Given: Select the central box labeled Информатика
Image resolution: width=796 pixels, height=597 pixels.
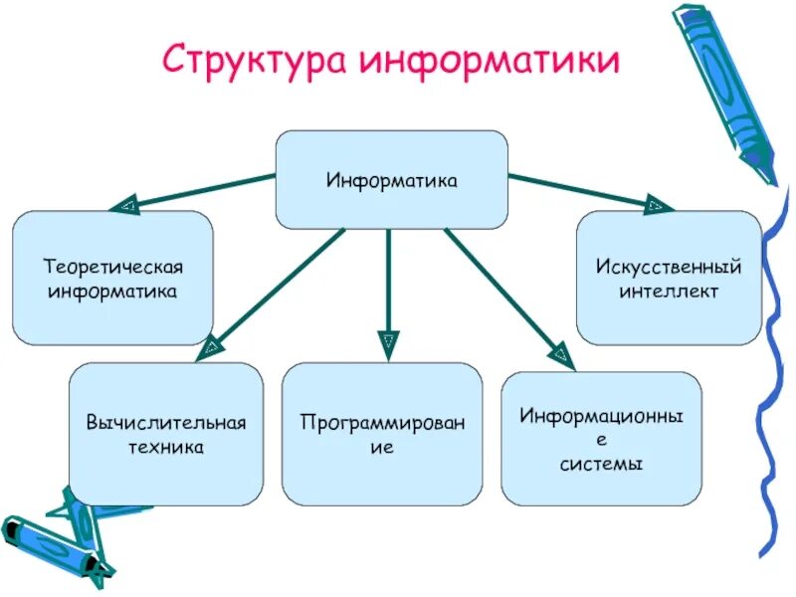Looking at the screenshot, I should coord(391,180).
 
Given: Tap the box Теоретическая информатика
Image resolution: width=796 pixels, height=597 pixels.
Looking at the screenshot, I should coord(112,279).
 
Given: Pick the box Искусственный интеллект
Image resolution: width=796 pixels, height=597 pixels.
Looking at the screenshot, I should coord(669,279).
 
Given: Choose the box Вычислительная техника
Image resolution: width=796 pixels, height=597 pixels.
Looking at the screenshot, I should coord(166,434).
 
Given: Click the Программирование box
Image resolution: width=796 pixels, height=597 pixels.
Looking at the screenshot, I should coord(382,434).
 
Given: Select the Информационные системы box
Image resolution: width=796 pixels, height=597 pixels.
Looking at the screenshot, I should coord(601,438).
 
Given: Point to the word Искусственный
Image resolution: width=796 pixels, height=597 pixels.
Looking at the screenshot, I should coord(669,268).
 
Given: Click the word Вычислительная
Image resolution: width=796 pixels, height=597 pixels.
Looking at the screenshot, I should coord(166,423).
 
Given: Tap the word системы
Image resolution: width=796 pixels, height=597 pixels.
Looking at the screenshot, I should coord(601,464).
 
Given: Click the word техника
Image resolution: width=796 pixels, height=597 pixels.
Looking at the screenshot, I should coord(166,447).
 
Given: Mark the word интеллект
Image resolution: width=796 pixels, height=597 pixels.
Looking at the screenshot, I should coord(669,292).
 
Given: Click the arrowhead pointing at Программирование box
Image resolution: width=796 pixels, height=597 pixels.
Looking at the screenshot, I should coord(388,344).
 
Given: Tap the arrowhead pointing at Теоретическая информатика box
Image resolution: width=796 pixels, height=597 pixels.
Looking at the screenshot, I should coord(126,206).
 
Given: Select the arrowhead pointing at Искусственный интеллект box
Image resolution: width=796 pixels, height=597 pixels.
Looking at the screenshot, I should coord(657,206).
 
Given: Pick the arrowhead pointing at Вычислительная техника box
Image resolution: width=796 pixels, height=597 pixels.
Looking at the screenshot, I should coord(210,347).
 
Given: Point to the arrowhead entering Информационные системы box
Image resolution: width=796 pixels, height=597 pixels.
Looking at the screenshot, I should coord(562,355).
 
